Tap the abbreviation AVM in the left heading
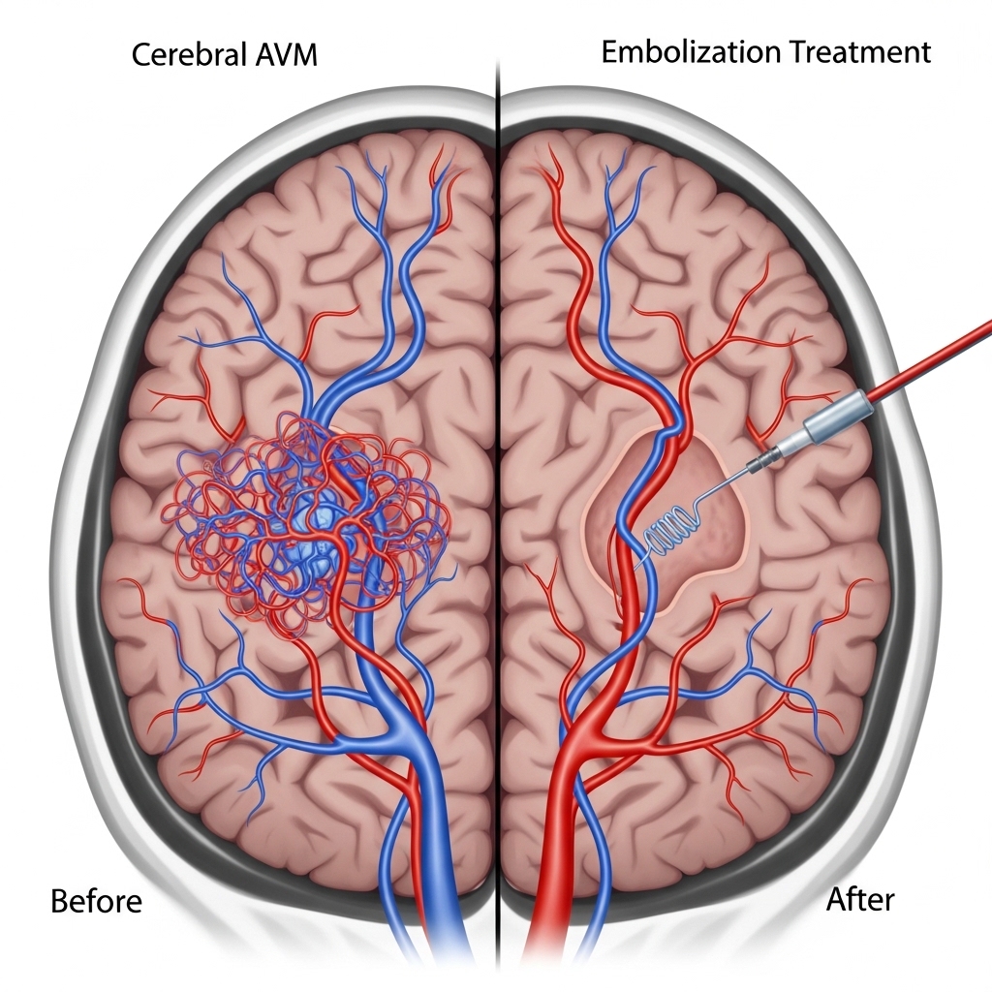pos(285,55)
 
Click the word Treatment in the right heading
pos(862,51)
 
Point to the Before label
pos(96,901)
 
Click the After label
pos(860,899)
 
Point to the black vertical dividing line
pos(497,484)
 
